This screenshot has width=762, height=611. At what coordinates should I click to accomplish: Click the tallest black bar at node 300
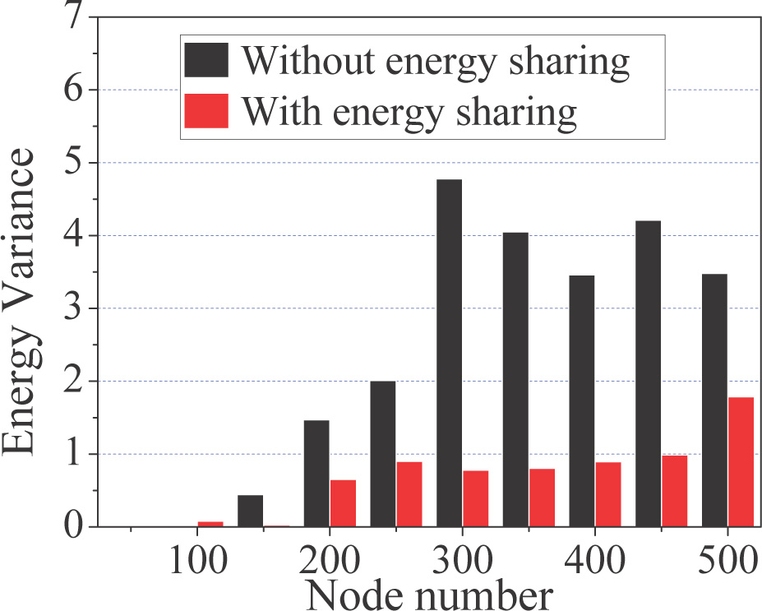pos(449,353)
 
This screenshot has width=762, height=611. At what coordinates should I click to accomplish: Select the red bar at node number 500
pos(741,461)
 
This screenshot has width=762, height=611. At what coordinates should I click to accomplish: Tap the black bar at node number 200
pos(316,473)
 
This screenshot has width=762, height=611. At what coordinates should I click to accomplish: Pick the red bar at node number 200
pos(343,502)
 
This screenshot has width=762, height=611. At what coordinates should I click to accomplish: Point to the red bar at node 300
pos(475,498)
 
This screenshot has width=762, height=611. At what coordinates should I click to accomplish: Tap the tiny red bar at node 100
pos(210,523)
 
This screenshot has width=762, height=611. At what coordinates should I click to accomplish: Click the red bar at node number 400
pos(608,494)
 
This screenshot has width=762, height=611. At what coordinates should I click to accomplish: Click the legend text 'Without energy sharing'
pos(436,62)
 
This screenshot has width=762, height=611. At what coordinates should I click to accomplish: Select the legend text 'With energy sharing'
pos(409,110)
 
